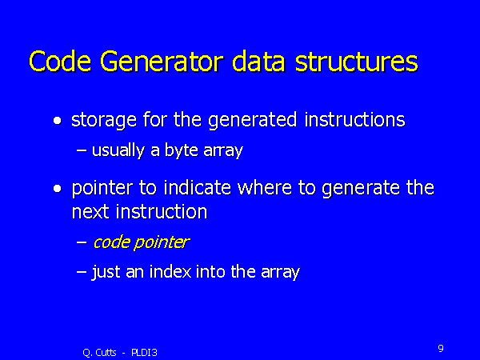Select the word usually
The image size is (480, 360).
point(118,150)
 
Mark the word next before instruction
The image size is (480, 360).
point(89,212)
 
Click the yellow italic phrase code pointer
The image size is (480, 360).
point(141,242)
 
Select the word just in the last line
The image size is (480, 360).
point(106,272)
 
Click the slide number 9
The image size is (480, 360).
point(441,348)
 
